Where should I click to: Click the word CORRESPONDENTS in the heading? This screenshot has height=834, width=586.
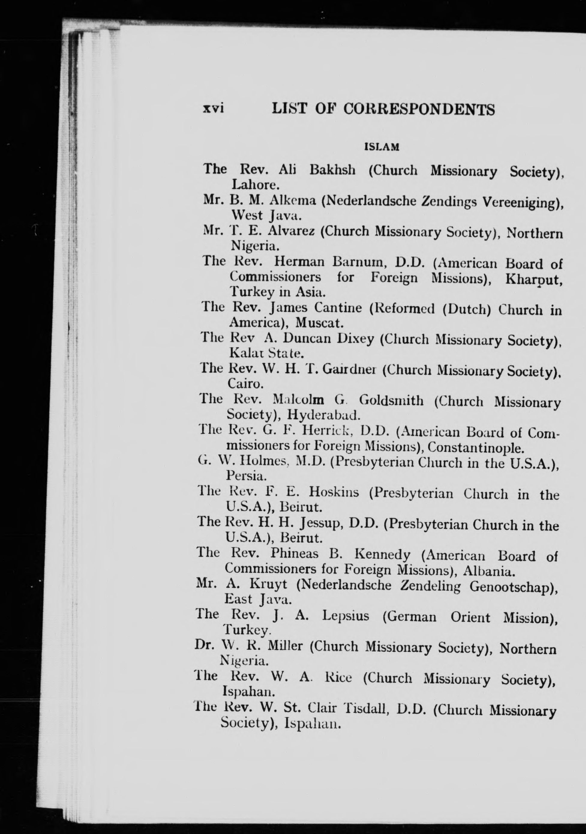[x=419, y=109]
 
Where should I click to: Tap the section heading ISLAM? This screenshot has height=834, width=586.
[x=382, y=147]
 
